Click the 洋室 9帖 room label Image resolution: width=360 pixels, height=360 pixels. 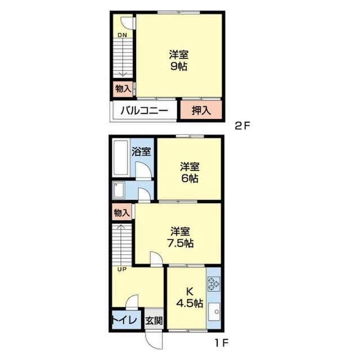pos(179,61)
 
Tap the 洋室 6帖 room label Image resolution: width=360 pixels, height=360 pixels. pos(190,173)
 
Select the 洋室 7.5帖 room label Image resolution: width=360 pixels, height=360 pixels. pos(180,237)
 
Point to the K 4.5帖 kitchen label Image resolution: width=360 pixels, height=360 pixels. pos(190,298)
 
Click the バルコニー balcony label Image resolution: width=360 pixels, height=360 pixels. pos(145,111)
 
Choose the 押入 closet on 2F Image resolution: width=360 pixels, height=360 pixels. pos(201,111)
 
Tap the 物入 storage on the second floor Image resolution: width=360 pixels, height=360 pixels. pos(123,88)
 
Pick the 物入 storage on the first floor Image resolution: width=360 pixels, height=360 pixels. pos(122,213)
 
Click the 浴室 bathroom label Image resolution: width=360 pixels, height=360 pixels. pos(141,151)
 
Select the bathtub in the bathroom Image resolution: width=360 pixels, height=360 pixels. pos(121,158)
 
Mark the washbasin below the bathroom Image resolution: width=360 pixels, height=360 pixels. pos(119,190)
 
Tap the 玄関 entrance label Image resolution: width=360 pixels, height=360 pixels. pos(154,321)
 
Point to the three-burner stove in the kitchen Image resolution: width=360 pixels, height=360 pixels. pos(214,284)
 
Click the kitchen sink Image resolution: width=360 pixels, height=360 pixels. pos(214,312)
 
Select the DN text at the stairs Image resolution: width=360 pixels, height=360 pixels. pos(122,35)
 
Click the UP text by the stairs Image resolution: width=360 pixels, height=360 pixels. pos(122,269)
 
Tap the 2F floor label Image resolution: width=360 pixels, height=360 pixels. pos(242,126)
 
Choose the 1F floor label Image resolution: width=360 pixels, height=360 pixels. pos(221,343)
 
